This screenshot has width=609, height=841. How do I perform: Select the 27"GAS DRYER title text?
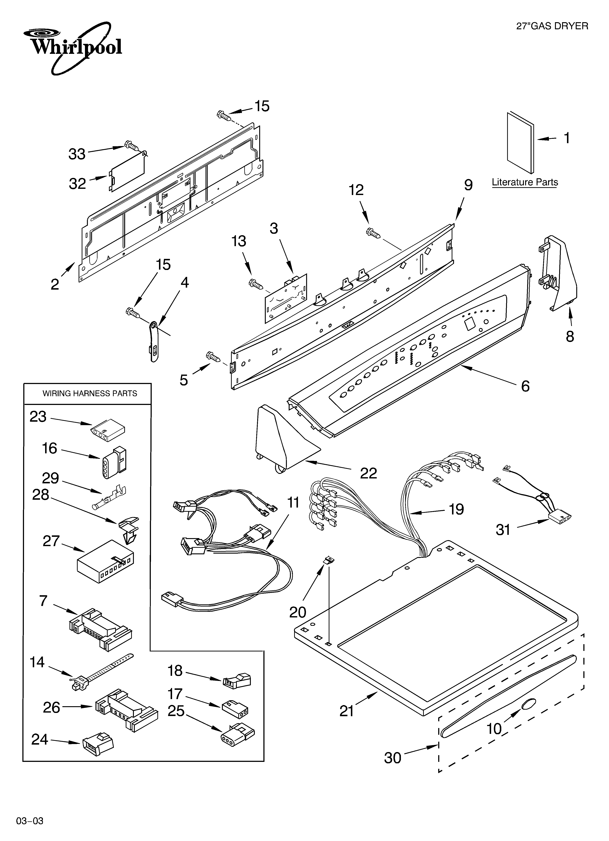coord(552,26)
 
